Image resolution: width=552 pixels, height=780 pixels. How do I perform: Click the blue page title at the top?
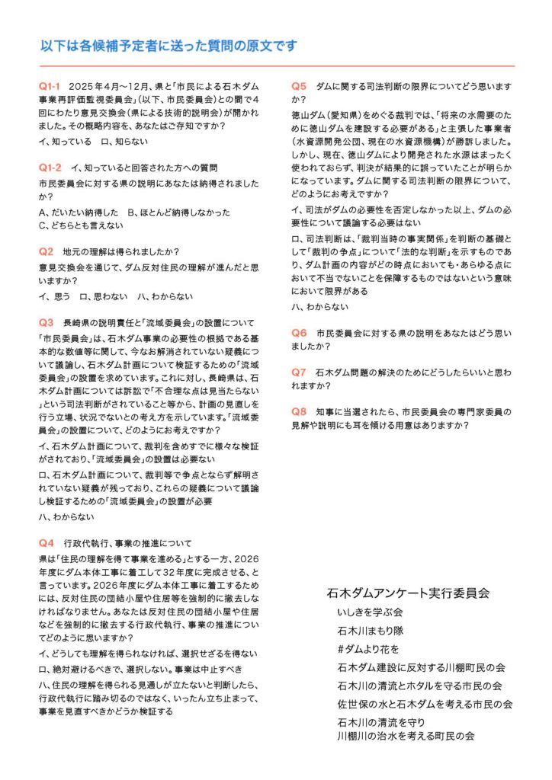click(168, 46)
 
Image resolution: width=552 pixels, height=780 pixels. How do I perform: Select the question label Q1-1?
click(50, 86)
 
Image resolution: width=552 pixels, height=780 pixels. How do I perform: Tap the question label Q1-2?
click(50, 167)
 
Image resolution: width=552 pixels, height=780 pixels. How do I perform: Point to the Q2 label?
click(46, 251)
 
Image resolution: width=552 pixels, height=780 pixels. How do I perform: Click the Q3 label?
click(46, 321)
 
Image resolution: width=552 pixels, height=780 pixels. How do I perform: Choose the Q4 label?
click(46, 543)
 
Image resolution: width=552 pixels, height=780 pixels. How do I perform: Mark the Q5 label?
click(299, 86)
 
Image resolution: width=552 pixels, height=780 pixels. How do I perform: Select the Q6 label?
click(299, 333)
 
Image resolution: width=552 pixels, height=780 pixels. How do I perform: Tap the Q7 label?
click(299, 372)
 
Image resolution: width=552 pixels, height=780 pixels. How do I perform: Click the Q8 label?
click(299, 412)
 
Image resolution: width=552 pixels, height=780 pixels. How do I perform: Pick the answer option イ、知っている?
click(65, 142)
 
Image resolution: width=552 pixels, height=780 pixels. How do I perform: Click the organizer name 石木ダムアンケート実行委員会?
click(407, 592)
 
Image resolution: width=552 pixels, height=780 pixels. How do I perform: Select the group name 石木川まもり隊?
click(373, 631)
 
